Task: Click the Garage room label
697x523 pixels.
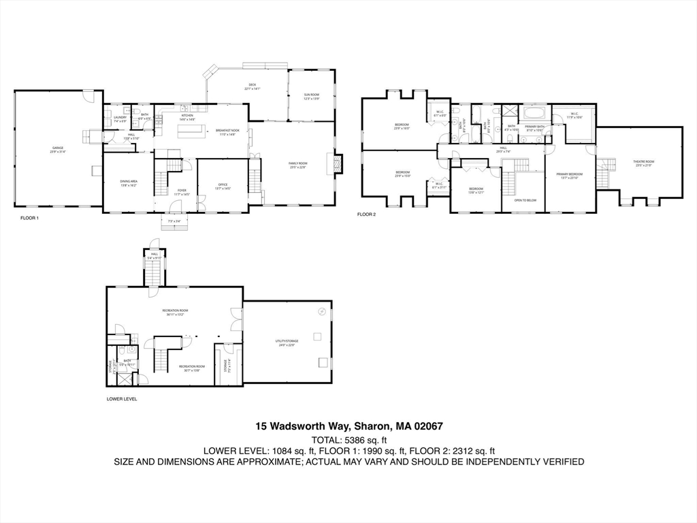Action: [58, 149]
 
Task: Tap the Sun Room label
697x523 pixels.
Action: [311, 96]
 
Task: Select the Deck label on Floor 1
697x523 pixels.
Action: [252, 87]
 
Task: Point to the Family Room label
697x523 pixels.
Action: [298, 165]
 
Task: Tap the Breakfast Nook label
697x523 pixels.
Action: [225, 132]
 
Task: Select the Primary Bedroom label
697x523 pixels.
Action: [569, 176]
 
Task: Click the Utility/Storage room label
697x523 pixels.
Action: [287, 343]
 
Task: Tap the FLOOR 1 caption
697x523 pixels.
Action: [29, 218]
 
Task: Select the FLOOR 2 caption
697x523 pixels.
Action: [366, 214]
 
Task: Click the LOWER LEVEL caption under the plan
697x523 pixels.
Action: [122, 399]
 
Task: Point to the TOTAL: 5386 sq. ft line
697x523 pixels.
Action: [348, 439]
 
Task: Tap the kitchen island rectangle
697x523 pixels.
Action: [191, 130]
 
